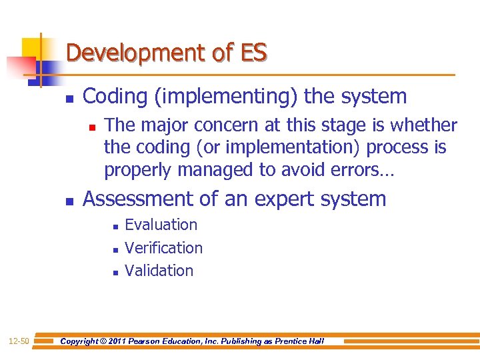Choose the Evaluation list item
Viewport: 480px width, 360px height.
[161, 225]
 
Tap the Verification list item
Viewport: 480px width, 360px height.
[163, 248]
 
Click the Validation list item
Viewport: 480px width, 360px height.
[159, 271]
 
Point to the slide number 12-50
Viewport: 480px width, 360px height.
[19, 342]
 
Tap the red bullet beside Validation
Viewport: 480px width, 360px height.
[115, 272]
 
